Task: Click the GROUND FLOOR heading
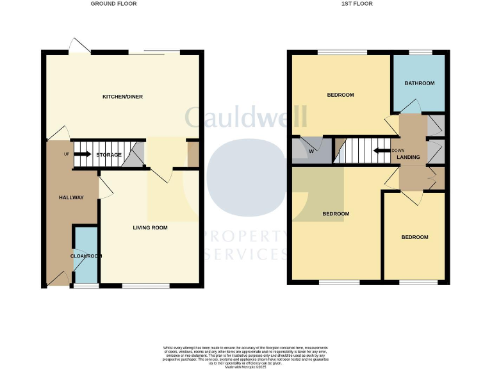point(113,4)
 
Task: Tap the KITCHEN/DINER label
point(122,97)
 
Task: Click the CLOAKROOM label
point(86,256)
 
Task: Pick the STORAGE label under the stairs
point(109,155)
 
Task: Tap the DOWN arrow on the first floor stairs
point(383,151)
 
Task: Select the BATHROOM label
point(419,83)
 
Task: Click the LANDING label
point(408,157)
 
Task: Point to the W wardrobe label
point(311,152)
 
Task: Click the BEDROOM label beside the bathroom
point(340,95)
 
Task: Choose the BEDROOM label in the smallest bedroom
point(414,238)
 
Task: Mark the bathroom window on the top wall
point(420,53)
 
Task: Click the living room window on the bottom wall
point(145,286)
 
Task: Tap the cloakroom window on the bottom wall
point(81,286)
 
